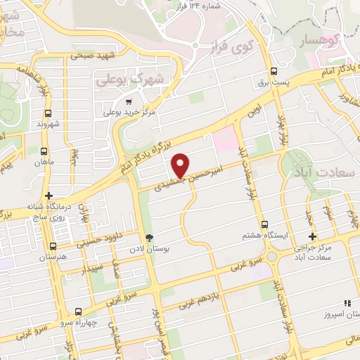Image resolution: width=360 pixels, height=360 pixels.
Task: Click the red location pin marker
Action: [x=181, y=165]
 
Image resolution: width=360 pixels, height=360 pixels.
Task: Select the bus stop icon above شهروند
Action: [x=48, y=112]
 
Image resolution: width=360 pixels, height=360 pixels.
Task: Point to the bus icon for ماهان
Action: [x=45, y=151]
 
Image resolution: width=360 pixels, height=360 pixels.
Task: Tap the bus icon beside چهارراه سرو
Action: [x=78, y=311]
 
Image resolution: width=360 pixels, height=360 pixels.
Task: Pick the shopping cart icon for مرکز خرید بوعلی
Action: [x=128, y=101]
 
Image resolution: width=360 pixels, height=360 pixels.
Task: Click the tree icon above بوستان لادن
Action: [x=148, y=237]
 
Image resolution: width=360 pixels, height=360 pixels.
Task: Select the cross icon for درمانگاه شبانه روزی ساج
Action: [x=48, y=195]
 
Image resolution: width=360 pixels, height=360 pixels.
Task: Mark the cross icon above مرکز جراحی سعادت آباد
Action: [x=313, y=236]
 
